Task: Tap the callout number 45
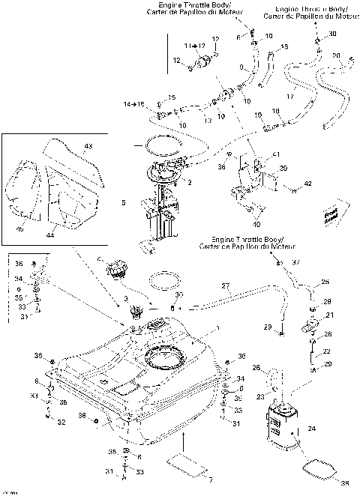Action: click(x=20, y=229)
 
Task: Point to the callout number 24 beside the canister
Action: click(x=311, y=429)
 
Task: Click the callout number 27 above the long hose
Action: click(x=224, y=285)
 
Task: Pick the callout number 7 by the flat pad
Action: click(x=210, y=478)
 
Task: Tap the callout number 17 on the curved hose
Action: click(x=289, y=95)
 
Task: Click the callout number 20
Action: click(x=336, y=55)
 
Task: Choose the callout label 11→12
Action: click(x=194, y=46)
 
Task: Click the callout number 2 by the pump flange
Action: click(x=190, y=182)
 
